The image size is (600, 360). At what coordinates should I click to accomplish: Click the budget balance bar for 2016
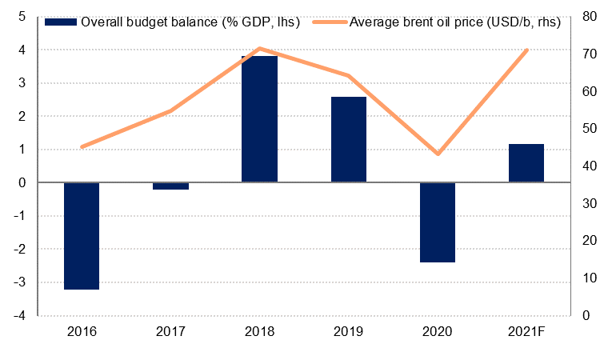pos(82,236)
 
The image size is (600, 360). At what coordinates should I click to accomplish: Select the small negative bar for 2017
pos(170,186)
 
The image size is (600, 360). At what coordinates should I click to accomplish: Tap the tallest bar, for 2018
pos(259,119)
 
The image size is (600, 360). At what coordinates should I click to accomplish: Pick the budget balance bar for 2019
pos(349,139)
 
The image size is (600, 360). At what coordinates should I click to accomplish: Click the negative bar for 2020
pos(438,222)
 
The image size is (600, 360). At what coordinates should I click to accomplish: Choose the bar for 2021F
pos(526,163)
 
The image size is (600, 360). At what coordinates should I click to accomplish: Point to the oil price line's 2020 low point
pos(438,154)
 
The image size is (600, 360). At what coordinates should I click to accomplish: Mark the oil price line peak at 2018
pos(259,49)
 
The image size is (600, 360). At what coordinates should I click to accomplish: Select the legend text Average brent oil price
pos(454,22)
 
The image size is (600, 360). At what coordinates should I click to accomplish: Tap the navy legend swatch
pos(60,22)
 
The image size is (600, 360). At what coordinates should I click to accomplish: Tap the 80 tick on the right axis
pos(586,16)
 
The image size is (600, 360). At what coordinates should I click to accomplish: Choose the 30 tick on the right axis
pos(586,203)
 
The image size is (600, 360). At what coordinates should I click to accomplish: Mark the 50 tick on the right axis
pos(586,128)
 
